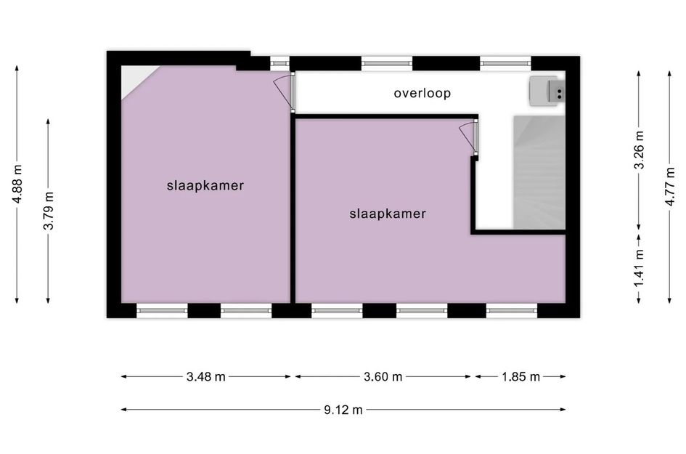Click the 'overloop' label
point(422,93)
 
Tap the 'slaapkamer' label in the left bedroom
point(205,185)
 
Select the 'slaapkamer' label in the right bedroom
point(387,214)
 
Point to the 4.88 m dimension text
point(17,185)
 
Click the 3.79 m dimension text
point(49,211)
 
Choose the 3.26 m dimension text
point(639,150)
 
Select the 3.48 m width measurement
point(205,376)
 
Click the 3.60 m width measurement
point(383,376)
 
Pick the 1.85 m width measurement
point(520,376)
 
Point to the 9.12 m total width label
point(343,410)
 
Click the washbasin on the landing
point(546,91)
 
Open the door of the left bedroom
point(285,90)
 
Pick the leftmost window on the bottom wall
point(162,311)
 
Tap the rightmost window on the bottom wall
point(512,311)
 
